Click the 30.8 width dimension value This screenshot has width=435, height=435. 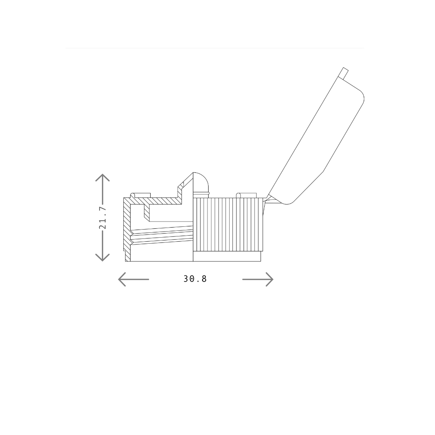click(195, 279)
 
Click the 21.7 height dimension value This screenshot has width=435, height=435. click(103, 218)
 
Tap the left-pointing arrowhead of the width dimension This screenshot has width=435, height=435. click(122, 279)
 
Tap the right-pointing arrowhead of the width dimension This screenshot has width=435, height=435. click(269, 279)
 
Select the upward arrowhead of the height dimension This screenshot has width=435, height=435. click(102, 178)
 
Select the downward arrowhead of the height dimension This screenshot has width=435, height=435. click(102, 258)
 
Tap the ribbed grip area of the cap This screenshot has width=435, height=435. click(228, 224)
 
